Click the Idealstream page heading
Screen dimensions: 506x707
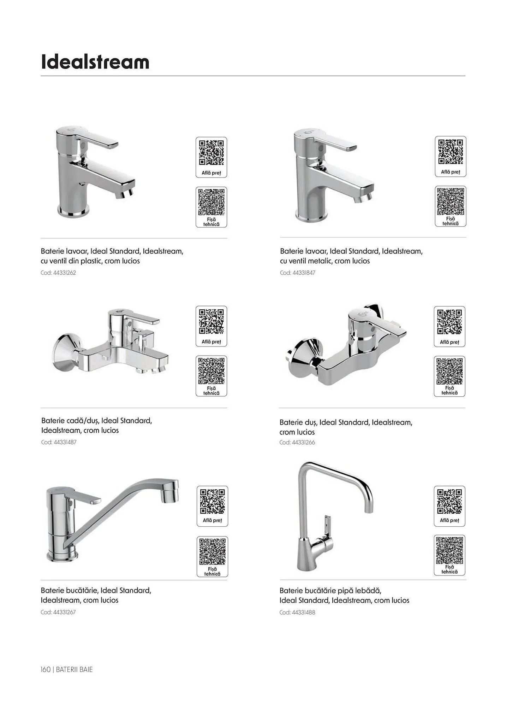(95, 62)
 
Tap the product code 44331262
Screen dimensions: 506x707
(65, 273)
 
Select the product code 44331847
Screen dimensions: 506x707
(304, 273)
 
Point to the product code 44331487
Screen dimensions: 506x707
(65, 442)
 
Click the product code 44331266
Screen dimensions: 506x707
(303, 443)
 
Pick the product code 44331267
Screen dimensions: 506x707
(64, 612)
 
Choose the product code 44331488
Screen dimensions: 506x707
(303, 613)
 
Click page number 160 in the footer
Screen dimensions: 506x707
(46, 670)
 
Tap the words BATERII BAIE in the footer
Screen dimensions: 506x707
(74, 670)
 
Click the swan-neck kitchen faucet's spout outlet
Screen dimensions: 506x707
(368, 509)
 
